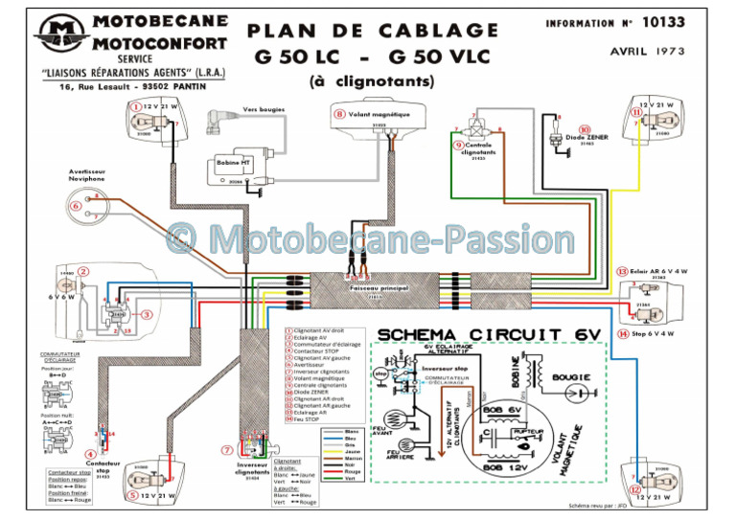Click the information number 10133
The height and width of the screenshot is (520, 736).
click(x=694, y=21)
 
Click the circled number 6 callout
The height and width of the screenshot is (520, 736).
click(x=76, y=205)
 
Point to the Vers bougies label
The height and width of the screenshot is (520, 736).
click(x=264, y=110)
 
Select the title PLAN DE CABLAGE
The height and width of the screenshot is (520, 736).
click(x=373, y=31)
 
